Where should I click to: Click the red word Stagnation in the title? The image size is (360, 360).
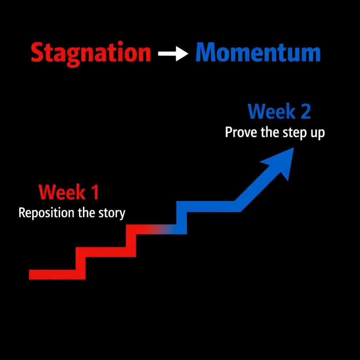91,53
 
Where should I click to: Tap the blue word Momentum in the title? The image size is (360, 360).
258,53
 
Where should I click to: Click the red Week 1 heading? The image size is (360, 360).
69,192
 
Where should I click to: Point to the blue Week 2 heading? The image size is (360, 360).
279,111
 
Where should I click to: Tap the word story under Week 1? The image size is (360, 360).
112,213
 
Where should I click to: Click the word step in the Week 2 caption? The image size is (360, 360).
294,133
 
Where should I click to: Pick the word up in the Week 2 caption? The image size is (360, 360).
317,134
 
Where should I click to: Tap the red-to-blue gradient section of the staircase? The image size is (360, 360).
160,229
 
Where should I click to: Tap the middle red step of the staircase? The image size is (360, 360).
105,252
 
